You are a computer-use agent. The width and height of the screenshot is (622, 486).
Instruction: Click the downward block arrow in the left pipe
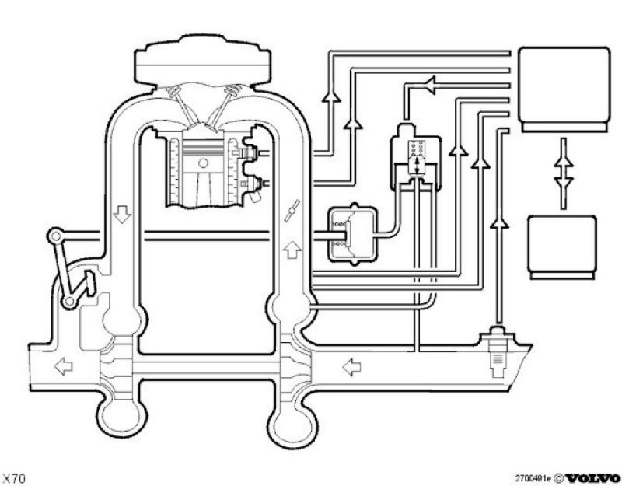(121, 213)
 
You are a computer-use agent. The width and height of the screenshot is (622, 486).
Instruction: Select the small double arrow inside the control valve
(418, 164)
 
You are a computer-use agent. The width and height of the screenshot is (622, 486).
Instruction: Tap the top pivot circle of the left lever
(54, 236)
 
